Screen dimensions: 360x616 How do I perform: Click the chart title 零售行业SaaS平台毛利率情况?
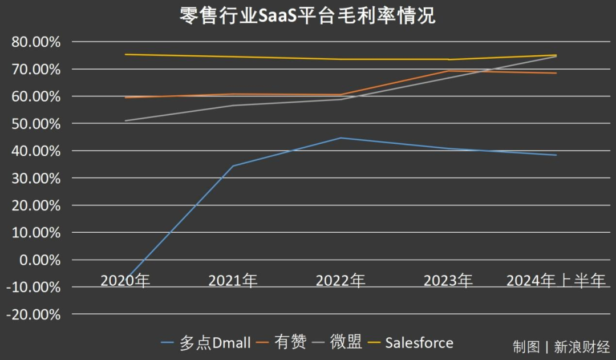pyautogui.click(x=307, y=15)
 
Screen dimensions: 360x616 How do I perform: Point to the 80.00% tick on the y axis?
pyautogui.click(x=35, y=42)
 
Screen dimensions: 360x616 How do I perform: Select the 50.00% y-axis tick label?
pyautogui.click(x=35, y=124)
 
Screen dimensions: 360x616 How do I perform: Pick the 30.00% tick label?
pyautogui.click(x=35, y=179)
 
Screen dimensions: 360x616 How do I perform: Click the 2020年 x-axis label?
pyautogui.click(x=125, y=281)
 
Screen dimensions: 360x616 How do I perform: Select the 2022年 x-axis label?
pyautogui.click(x=341, y=281)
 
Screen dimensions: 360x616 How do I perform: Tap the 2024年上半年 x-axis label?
pyautogui.click(x=556, y=281)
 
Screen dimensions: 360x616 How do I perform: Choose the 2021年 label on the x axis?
pyautogui.click(x=233, y=281)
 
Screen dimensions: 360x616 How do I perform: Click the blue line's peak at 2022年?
pyautogui.click(x=341, y=138)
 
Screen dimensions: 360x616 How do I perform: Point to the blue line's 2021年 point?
pyautogui.click(x=233, y=166)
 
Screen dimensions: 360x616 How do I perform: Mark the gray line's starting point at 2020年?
pyautogui.click(x=125, y=121)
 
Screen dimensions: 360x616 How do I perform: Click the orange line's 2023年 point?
pyautogui.click(x=448, y=71)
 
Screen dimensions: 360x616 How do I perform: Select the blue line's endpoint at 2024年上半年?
pyautogui.click(x=556, y=155)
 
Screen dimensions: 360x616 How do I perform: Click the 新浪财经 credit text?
pyautogui.click(x=582, y=347)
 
